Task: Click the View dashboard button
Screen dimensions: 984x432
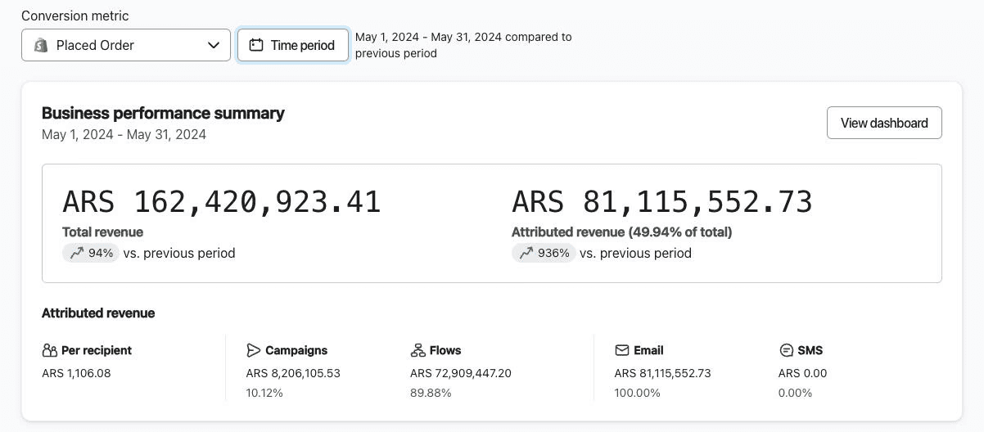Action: coord(884,123)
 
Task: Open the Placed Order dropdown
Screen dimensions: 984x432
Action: coord(126,45)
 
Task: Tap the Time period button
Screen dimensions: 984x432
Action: coord(292,45)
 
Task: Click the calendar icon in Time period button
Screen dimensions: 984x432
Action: coord(256,45)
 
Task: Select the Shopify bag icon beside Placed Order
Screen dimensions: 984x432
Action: coord(41,45)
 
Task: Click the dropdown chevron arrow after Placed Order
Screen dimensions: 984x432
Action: coord(214,45)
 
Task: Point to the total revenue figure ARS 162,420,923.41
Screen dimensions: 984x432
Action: coord(221,202)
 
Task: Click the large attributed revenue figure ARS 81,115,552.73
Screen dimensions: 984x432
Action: coord(662,202)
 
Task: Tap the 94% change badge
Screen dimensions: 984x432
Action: coord(91,253)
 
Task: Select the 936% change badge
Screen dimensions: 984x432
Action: coord(544,253)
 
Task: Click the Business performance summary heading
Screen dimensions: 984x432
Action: coord(163,113)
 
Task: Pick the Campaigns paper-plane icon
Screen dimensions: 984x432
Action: coord(254,350)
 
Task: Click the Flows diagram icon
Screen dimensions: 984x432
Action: coord(418,350)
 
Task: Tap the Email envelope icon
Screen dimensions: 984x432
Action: coord(622,350)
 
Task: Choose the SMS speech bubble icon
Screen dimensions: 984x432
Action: coord(787,350)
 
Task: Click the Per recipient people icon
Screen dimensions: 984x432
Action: coord(50,350)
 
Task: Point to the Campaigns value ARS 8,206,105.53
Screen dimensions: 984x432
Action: coord(293,373)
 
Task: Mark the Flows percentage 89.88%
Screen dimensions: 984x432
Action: coord(431,393)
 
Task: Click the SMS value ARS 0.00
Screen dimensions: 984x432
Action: coord(802,373)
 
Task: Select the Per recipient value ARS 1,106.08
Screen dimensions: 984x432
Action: coord(76,373)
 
